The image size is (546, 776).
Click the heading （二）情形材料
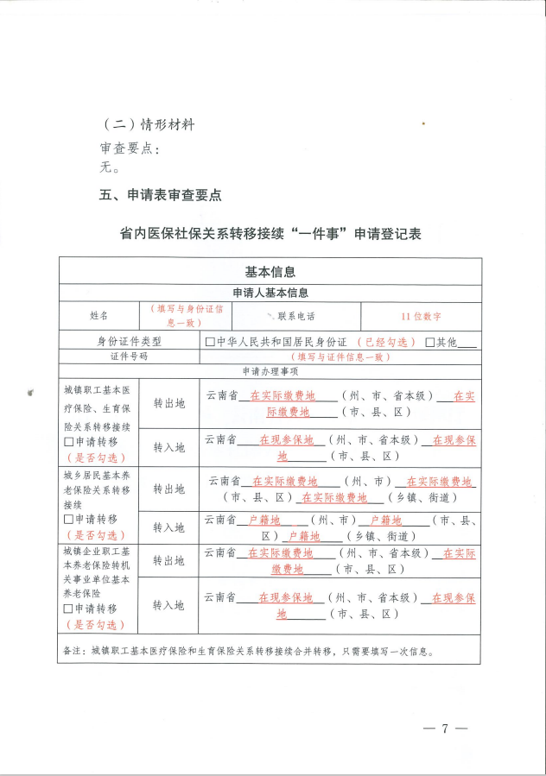pos(148,124)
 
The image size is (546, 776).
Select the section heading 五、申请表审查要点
pos(161,195)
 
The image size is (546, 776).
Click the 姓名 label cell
pos(98,315)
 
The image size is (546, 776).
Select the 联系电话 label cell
pos(295,315)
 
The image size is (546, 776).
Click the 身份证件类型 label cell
pos(129,341)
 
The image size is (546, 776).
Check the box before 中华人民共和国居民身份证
pos(210,342)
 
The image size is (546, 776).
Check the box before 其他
pos(429,342)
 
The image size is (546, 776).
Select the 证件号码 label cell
pos(129,356)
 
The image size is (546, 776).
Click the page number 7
pos(446,728)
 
